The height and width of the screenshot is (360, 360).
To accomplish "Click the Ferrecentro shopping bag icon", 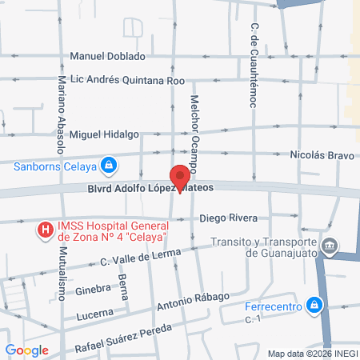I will (x=316, y=305).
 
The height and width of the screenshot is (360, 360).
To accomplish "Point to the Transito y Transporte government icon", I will (x=330, y=245).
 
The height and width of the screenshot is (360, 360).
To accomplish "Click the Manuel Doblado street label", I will (x=108, y=57).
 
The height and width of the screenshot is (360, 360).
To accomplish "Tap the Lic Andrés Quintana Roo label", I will (x=128, y=81).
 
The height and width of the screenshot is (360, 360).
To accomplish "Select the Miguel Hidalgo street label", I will (x=105, y=135).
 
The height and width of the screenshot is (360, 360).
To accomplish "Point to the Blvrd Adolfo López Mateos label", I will (x=149, y=190).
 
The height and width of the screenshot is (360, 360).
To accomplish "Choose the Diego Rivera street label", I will (x=228, y=218).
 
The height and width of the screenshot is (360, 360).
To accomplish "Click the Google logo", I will (x=27, y=350).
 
